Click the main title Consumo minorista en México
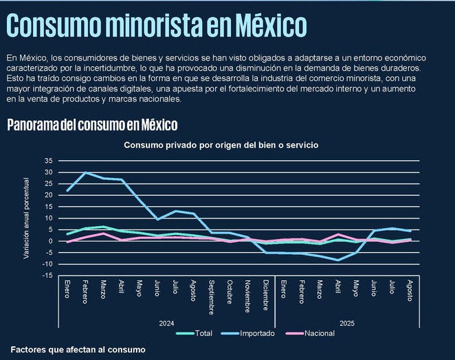point(156,25)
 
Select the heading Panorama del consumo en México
point(92,124)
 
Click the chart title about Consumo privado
point(221,145)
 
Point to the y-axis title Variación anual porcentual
point(27,218)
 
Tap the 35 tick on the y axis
point(48,161)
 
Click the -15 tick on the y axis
point(47,275)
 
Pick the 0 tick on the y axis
point(50,241)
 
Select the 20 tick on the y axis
point(48,195)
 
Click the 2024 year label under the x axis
point(166,322)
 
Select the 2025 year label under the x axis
point(346,322)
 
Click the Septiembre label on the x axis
point(211,297)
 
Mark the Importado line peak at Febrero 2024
point(85,172)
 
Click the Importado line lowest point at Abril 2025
point(337,260)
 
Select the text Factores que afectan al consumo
point(78,350)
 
